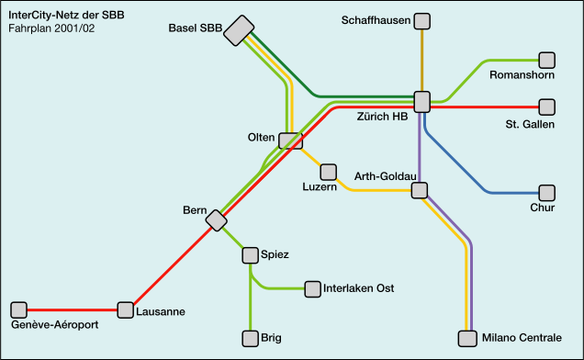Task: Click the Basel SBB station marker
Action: (x=240, y=30)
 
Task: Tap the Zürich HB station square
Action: (x=421, y=101)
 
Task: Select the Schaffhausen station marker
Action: (x=421, y=21)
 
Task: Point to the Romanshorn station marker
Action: (x=546, y=61)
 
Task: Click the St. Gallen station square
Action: (x=546, y=107)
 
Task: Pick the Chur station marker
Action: (x=546, y=193)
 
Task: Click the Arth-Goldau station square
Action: (x=420, y=190)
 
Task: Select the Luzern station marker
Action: (x=328, y=172)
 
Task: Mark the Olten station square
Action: (x=290, y=141)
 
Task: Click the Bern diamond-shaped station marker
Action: (x=216, y=220)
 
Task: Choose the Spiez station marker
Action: (x=250, y=254)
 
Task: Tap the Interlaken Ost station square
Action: (x=312, y=288)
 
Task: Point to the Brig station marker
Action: (x=250, y=338)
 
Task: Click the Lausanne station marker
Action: (x=125, y=309)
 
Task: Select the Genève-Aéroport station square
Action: (x=18, y=309)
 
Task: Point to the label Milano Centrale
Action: (x=522, y=339)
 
